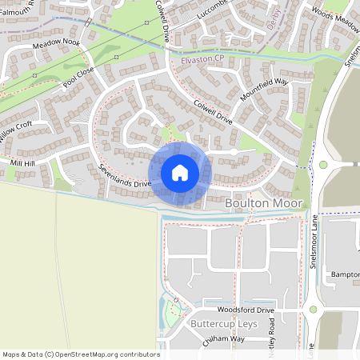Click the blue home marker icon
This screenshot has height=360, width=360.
180,173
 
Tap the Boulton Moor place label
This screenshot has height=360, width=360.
264,204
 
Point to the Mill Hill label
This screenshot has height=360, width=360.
22,163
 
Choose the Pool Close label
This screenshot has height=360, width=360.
81,75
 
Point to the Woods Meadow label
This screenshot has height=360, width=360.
334,20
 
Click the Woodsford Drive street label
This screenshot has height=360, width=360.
246,310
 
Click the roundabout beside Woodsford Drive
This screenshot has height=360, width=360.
314,309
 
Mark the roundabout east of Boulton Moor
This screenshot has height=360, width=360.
324,165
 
